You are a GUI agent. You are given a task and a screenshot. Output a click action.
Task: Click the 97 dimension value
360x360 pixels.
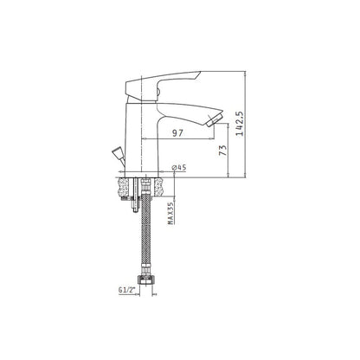point(177,133)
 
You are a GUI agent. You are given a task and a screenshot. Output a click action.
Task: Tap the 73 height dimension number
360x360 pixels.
point(223,151)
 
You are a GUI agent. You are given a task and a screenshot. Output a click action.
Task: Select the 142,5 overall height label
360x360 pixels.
point(240,124)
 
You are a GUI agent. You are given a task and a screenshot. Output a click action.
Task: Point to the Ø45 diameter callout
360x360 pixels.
point(179,167)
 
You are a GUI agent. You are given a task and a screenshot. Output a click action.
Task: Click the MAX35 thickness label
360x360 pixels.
point(170,213)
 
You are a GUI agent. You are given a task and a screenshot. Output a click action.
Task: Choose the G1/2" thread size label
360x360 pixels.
point(127,290)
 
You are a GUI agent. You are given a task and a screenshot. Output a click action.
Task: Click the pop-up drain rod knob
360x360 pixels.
point(118,152)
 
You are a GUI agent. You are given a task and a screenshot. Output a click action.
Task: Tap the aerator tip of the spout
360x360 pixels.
point(214,120)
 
